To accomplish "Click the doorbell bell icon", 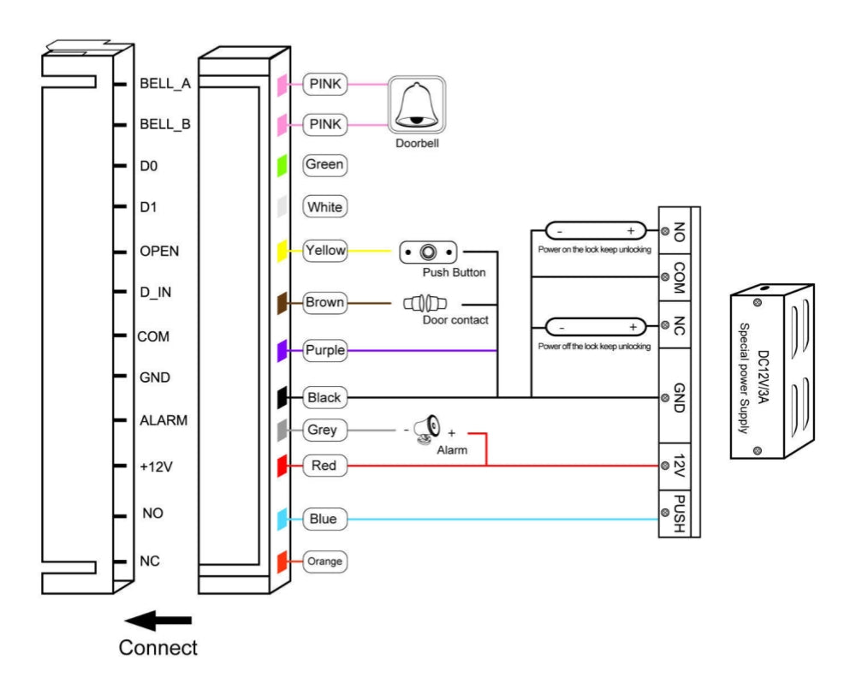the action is pyautogui.click(x=417, y=105).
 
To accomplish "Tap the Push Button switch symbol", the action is pyautogui.click(x=428, y=252).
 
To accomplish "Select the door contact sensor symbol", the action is pyautogui.click(x=425, y=303).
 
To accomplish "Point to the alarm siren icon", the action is pyautogui.click(x=427, y=429).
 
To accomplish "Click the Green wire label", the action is pyautogui.click(x=324, y=164).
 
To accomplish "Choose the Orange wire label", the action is pyautogui.click(x=324, y=561).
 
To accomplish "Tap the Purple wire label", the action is pyautogui.click(x=324, y=350).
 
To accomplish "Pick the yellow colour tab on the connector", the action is pyautogui.click(x=282, y=251).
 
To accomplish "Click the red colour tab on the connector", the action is pyautogui.click(x=282, y=466).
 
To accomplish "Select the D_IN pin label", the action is pyautogui.click(x=156, y=293).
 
